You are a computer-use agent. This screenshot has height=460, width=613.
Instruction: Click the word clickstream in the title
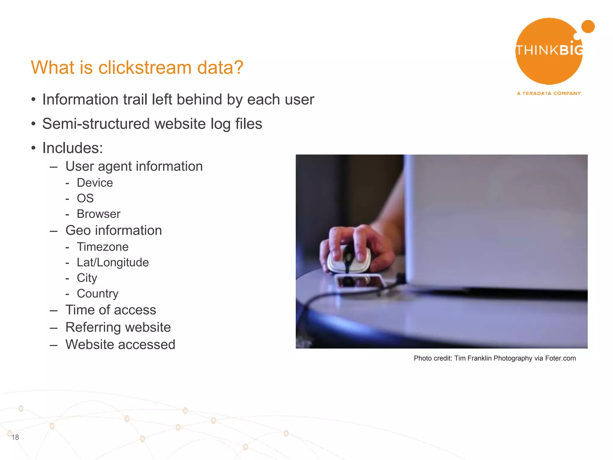tap(145, 67)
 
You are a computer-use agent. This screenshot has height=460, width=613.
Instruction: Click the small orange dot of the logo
tap(588, 27)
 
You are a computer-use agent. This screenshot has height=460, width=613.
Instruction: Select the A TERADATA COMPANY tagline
tap(549, 93)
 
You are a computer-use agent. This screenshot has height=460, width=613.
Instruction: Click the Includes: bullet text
tap(73, 148)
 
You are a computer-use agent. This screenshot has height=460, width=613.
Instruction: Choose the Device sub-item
tap(95, 183)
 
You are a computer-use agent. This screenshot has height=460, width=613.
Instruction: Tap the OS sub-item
tap(85, 198)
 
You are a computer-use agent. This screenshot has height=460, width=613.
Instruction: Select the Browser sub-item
tap(98, 214)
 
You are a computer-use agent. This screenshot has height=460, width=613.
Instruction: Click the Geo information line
tap(113, 230)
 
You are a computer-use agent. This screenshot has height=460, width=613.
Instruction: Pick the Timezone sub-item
tap(103, 247)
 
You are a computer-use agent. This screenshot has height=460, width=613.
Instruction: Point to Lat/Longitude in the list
tap(113, 262)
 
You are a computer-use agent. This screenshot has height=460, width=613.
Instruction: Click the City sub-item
tap(87, 278)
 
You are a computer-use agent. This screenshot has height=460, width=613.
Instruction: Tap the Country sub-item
tap(98, 293)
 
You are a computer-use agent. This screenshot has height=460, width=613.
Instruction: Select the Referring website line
tap(118, 327)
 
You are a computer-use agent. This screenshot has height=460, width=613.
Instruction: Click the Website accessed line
tap(120, 344)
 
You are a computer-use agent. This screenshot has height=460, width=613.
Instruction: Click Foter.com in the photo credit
tap(560, 358)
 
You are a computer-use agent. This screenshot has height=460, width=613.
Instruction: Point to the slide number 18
tap(15, 437)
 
